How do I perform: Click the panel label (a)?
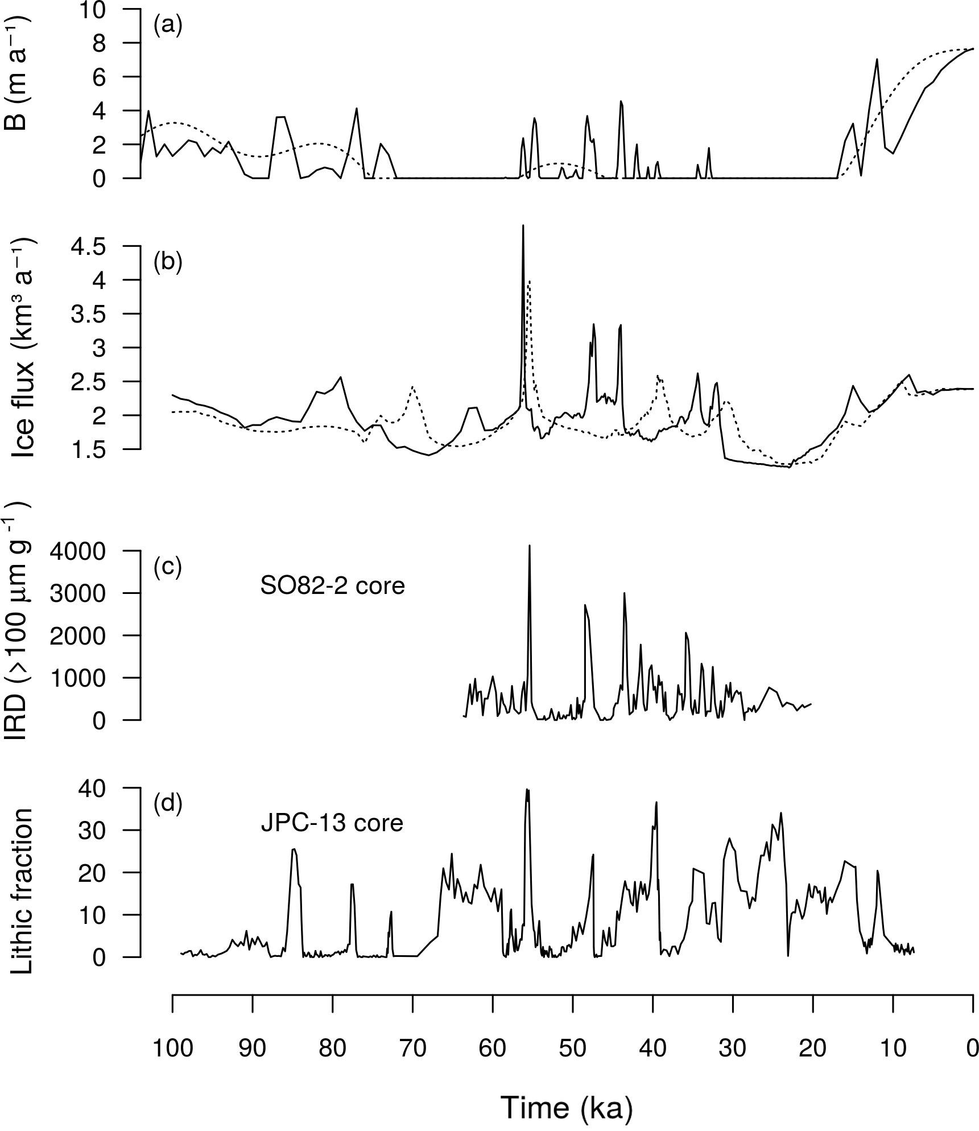pyautogui.click(x=168, y=27)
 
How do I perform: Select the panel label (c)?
pyautogui.click(x=168, y=567)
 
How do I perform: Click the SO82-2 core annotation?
pyautogui.click(x=333, y=586)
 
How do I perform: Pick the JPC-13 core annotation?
pyautogui.click(x=332, y=823)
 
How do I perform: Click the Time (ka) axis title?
pyautogui.click(x=567, y=1107)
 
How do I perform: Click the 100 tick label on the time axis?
pyautogui.click(x=172, y=1047)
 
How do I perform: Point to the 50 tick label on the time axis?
pyautogui.click(x=573, y=1047)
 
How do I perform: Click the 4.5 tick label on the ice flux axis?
pyautogui.click(x=89, y=246)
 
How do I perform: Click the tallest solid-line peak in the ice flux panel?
pyautogui.click(x=523, y=226)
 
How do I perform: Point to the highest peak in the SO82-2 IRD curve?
pyautogui.click(x=530, y=546)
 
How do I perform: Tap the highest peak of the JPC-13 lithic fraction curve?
pyautogui.click(x=527, y=790)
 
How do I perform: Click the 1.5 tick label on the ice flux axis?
pyautogui.click(x=89, y=449)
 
